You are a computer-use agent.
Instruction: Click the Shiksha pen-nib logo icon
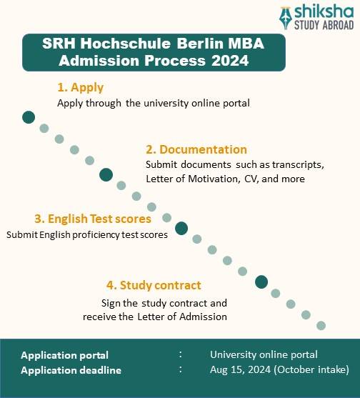[287, 16]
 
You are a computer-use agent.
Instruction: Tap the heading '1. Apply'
[80, 87]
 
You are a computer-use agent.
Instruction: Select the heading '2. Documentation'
[196, 149]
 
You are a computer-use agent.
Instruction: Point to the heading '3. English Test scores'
[93, 219]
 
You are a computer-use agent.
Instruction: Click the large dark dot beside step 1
[29, 117]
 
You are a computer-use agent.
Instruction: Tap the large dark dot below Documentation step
[106, 174]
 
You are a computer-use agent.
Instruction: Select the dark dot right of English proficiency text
[181, 228]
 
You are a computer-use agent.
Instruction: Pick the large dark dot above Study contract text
[261, 282]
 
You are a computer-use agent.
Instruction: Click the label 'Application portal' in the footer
[65, 355]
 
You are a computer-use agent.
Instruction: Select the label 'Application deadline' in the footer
[71, 370]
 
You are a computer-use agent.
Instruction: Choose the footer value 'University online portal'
[264, 355]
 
